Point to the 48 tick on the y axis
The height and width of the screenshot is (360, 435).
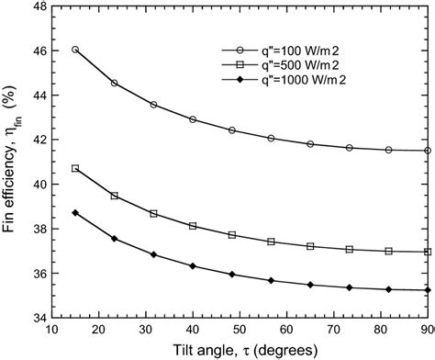point(41,6)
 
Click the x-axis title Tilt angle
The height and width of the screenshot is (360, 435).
point(237,350)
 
